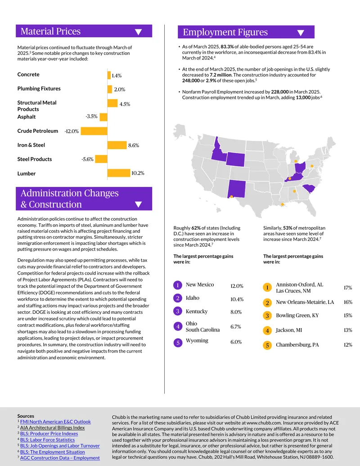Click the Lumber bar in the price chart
pos(119,173)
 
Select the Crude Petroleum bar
pos(94,131)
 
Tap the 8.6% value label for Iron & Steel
pos(134,145)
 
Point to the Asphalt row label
pos(27,117)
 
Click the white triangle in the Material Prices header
pos(139,32)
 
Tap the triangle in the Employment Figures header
pos(301,33)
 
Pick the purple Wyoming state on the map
pos(235,159)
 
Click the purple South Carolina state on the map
pos(309,188)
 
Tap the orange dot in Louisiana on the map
pos(283,204)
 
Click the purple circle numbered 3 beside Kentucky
pos(178,311)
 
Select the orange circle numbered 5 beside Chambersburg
pos(267,345)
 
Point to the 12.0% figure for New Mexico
pos(237,286)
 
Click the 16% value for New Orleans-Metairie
pos(348,302)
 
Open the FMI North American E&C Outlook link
pos(55,422)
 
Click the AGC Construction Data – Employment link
pos(60,458)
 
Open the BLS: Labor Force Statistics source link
pos(48,440)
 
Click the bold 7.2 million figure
pos(220,75)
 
